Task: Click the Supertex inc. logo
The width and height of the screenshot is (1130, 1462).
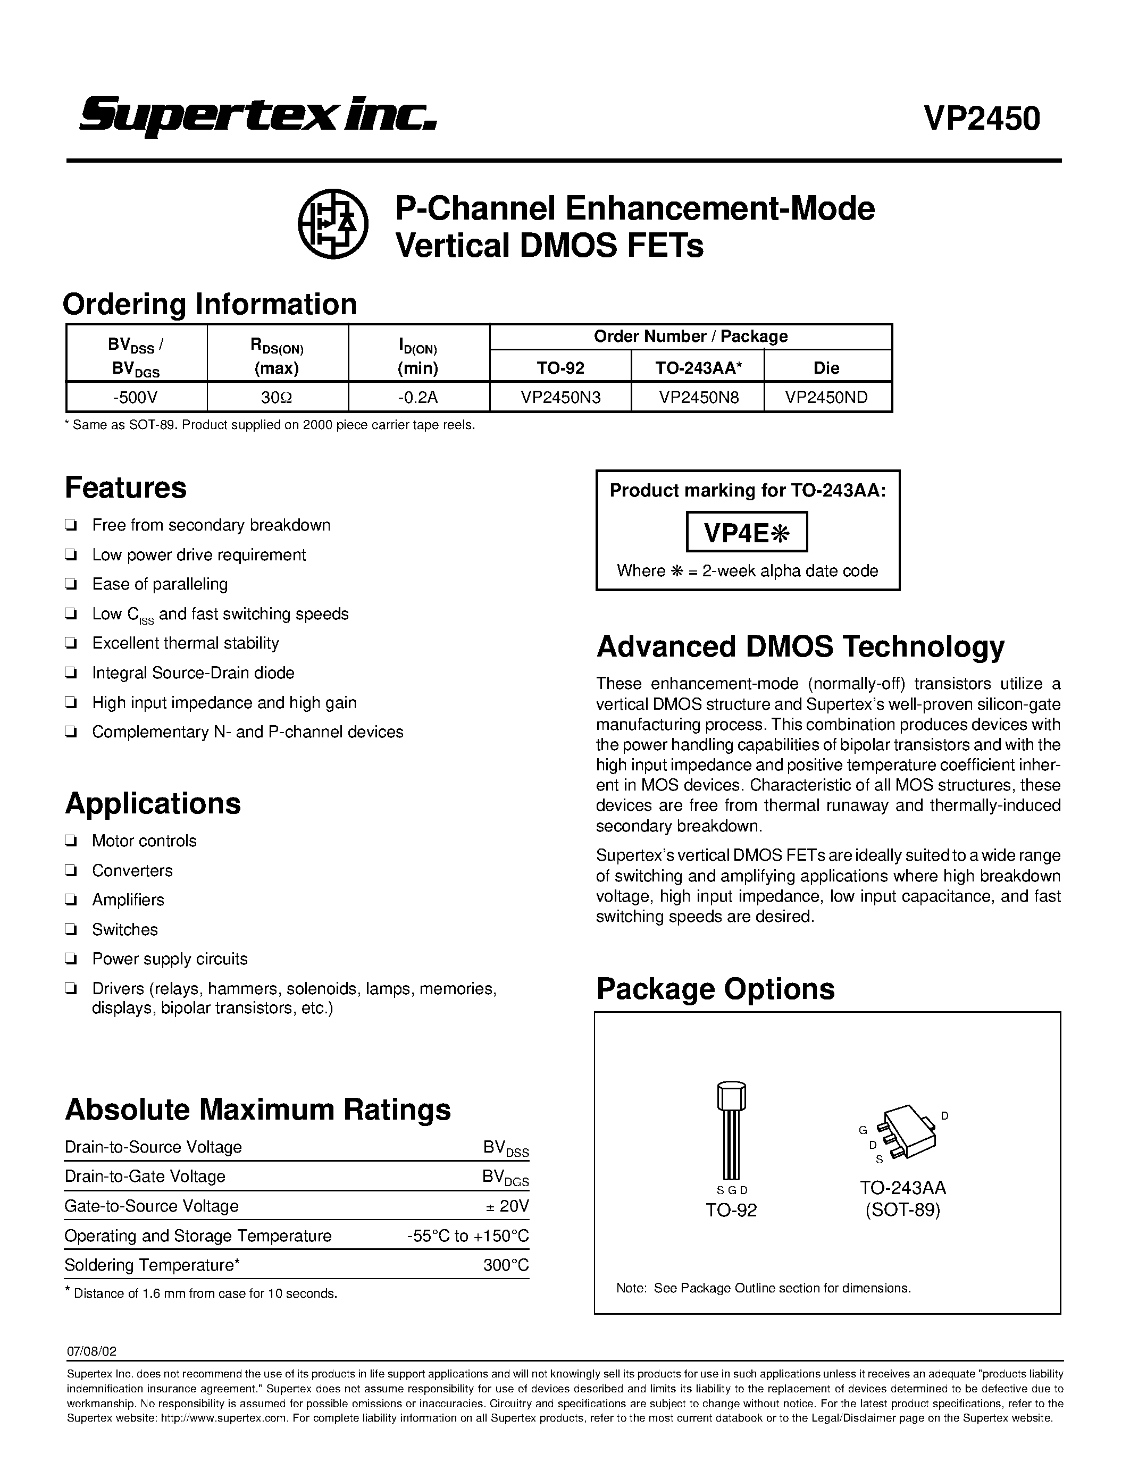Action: point(258,116)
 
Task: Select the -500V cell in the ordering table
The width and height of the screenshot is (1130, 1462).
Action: point(136,397)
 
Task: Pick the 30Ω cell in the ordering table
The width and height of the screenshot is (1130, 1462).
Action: point(277,397)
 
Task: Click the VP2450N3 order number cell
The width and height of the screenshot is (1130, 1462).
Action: point(560,397)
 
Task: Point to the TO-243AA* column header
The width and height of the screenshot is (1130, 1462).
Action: point(697,367)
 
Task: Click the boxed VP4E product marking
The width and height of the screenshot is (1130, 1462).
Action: point(747,532)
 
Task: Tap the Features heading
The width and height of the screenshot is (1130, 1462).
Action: point(126,488)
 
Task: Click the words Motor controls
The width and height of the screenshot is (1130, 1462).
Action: point(144,841)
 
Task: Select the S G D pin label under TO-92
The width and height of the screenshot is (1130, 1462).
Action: point(731,1191)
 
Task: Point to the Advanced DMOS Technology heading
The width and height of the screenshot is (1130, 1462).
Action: point(800,646)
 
